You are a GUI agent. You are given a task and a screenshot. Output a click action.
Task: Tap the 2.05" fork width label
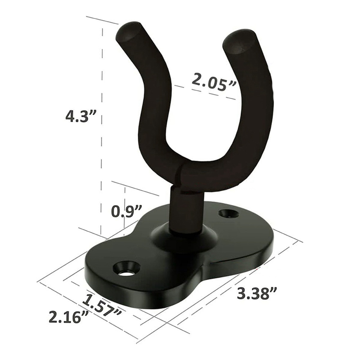tap(214, 82)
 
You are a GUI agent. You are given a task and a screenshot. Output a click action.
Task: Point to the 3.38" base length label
tap(258, 293)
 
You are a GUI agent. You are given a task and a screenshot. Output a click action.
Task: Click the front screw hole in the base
tap(127, 269)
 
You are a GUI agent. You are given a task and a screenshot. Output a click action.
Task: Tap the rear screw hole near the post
tap(229, 213)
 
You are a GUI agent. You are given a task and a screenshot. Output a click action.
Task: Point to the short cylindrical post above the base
tap(185, 212)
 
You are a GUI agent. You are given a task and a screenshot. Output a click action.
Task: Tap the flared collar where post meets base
tap(185, 239)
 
